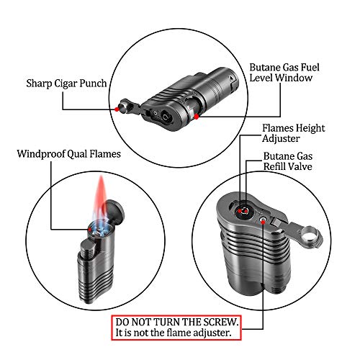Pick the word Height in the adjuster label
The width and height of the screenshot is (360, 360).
309,129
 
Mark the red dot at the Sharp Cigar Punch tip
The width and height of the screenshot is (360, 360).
115,109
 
